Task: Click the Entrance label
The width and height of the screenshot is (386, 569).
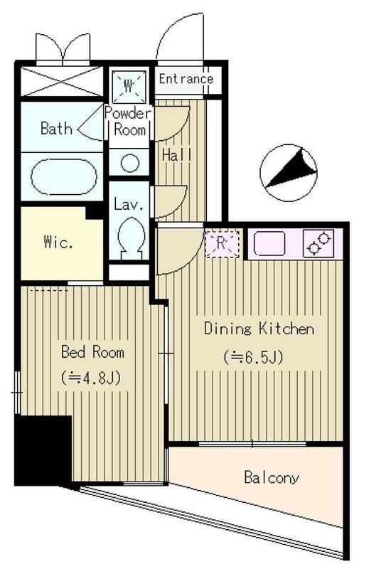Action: coord(186,79)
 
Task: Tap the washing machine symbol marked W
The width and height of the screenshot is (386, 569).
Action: coord(129,86)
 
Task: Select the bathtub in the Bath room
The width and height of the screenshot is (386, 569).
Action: coord(64,177)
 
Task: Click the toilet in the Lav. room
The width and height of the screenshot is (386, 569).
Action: coord(132,238)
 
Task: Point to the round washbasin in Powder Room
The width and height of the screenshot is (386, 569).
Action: coord(129,162)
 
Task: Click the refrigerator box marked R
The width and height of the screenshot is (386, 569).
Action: coord(222,243)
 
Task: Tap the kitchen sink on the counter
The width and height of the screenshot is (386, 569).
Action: coord(269,243)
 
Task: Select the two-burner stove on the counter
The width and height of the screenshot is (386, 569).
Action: coord(318,243)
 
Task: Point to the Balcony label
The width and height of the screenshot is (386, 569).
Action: coord(272,477)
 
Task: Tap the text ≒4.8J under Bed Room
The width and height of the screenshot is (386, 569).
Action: coord(90,378)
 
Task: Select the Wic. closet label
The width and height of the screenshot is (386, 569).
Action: coord(58,242)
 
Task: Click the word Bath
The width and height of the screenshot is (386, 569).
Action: coord(57,128)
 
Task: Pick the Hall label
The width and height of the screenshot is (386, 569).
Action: coord(176,155)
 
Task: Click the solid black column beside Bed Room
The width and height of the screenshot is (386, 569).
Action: coord(43,450)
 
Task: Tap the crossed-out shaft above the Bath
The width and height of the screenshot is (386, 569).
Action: coord(62,81)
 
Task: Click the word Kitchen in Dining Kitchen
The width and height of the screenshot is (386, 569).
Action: coord(286,329)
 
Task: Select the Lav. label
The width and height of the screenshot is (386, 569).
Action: coord(129,205)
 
